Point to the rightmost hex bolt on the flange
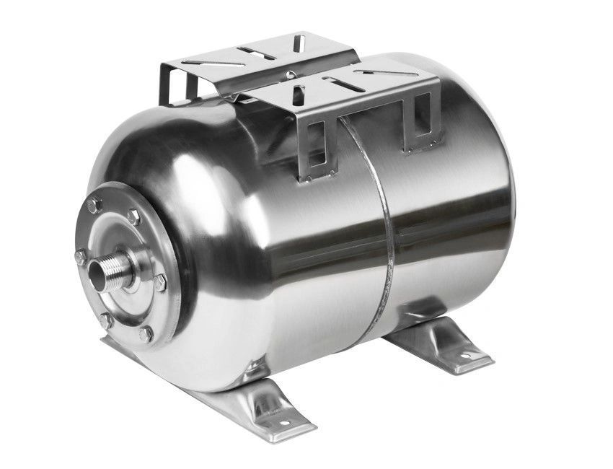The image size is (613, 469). [159, 282]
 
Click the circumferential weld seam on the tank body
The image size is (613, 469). [382, 238]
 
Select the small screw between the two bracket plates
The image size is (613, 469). [290, 74]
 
